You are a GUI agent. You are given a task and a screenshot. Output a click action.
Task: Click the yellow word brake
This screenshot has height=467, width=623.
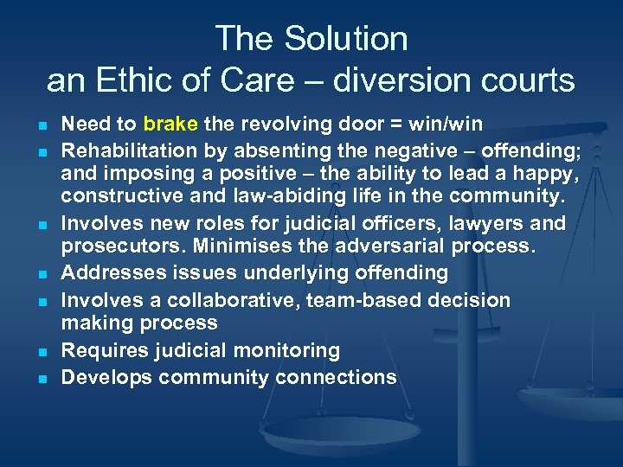coord(170,123)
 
